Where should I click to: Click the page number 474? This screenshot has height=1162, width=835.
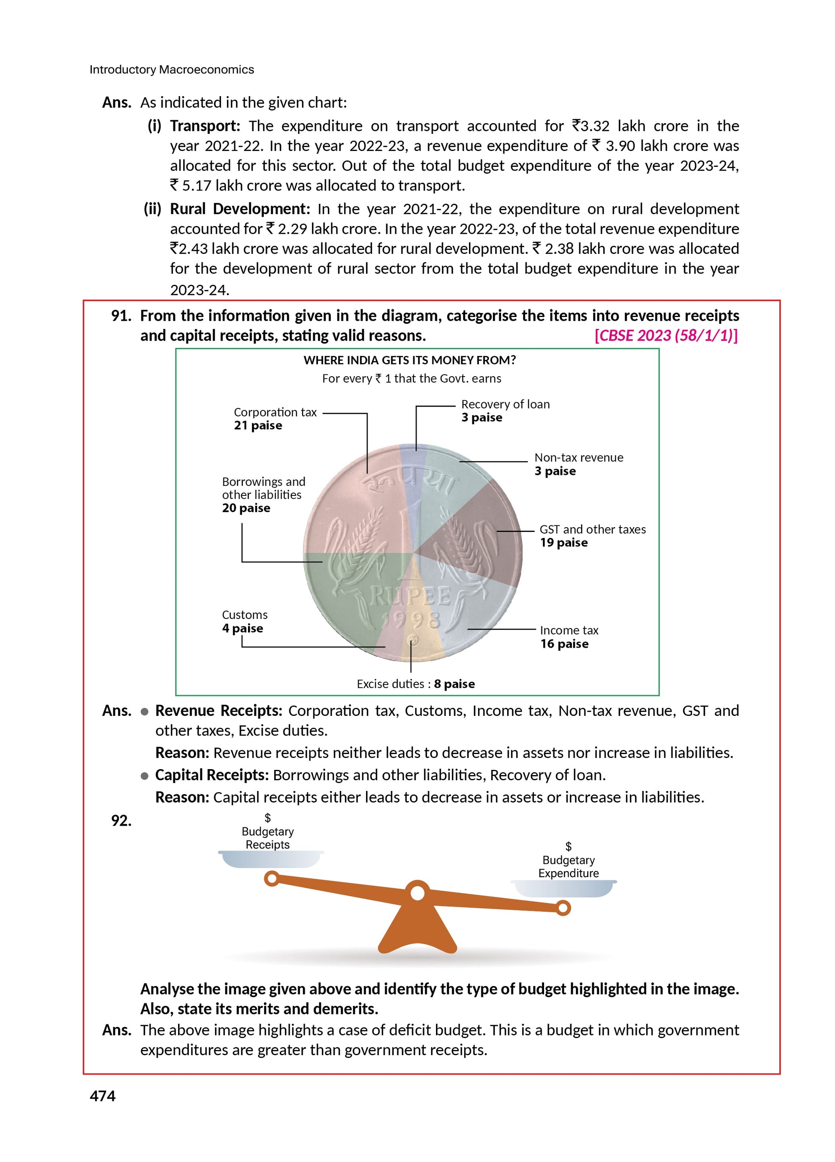click(103, 1096)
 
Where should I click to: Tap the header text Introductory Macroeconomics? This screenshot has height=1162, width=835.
click(172, 69)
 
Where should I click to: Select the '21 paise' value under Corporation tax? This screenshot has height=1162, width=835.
click(258, 426)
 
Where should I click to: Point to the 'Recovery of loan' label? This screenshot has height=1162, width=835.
click(505, 404)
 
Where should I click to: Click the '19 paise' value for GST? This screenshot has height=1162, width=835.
click(563, 543)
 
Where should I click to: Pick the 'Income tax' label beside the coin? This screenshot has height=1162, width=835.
click(569, 630)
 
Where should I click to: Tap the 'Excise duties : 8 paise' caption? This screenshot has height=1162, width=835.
click(416, 684)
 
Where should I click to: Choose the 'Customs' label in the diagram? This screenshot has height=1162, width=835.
click(245, 615)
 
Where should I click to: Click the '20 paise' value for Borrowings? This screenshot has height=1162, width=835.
click(246, 508)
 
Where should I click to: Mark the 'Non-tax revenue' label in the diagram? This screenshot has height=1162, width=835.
click(579, 458)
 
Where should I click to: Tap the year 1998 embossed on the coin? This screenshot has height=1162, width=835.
click(411, 620)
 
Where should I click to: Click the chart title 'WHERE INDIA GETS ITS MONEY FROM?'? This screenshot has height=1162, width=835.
click(409, 360)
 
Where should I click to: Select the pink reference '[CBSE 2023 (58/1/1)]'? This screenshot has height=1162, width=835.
click(666, 335)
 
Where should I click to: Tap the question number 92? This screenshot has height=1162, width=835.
click(121, 821)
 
